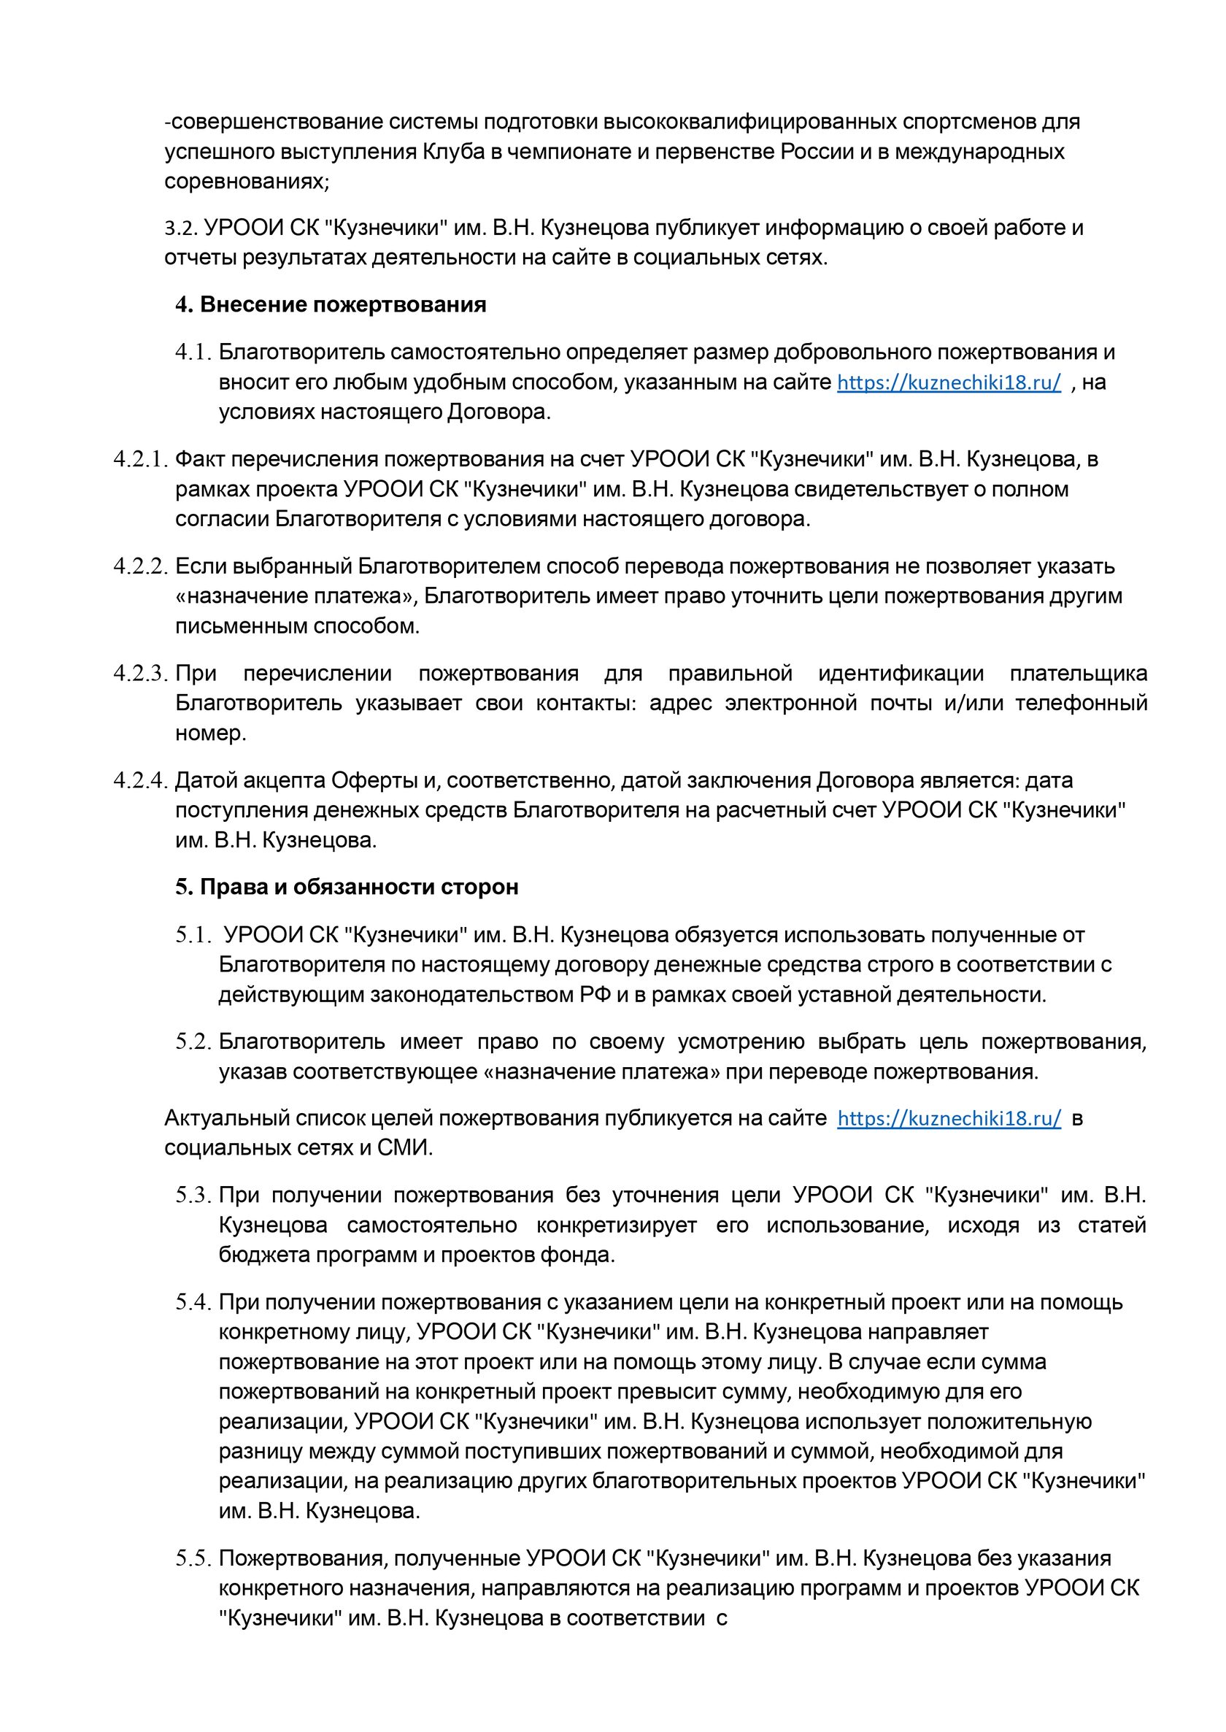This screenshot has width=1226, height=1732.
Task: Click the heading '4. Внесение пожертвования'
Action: [x=331, y=305]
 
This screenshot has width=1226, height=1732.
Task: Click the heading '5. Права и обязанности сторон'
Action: [x=347, y=886]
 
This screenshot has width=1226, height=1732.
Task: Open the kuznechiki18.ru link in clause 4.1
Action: [x=949, y=382]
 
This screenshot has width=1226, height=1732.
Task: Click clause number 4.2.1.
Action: [x=140, y=460]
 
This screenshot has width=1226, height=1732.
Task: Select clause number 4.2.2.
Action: [x=140, y=566]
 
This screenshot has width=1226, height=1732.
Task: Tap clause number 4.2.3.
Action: [x=140, y=674]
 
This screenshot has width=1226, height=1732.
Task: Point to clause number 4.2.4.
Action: [x=140, y=780]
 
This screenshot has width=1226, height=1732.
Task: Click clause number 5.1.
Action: [x=193, y=935]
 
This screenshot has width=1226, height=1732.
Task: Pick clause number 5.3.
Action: [x=193, y=1196]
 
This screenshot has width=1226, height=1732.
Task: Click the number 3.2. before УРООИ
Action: [x=181, y=228]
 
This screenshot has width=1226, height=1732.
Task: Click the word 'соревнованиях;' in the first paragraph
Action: [x=247, y=182]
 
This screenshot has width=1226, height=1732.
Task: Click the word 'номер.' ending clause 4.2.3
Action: [x=211, y=734]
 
